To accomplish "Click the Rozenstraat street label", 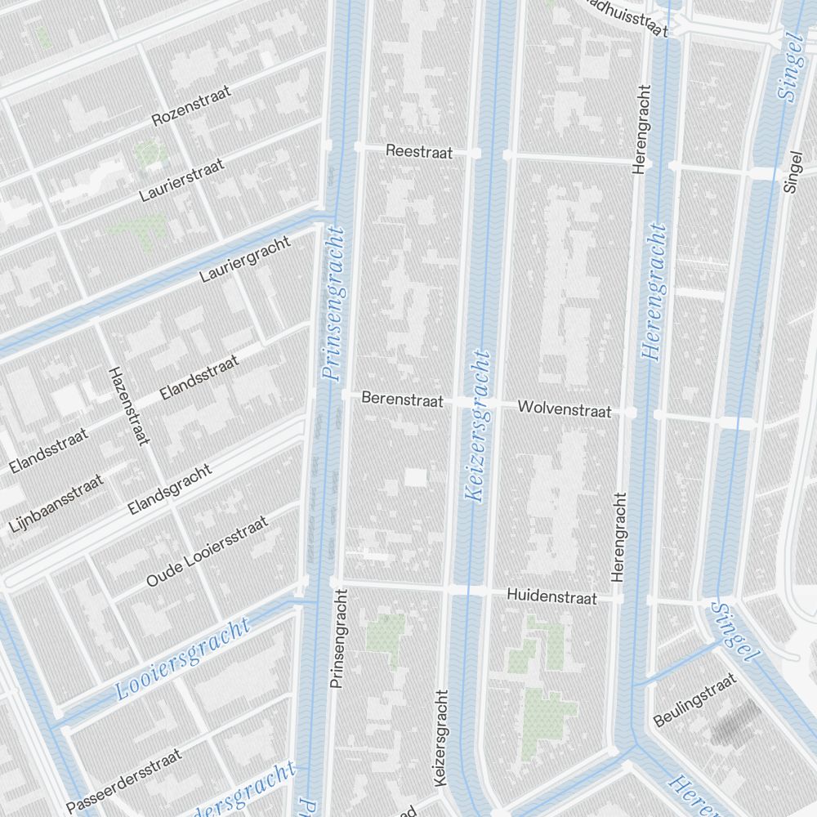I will (x=191, y=106).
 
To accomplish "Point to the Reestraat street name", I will (x=418, y=151).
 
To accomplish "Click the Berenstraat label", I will (x=402, y=400).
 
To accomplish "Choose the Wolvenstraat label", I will (x=565, y=408).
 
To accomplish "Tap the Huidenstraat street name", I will (x=551, y=596).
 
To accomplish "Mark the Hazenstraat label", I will (x=130, y=406).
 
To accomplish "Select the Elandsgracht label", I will (x=170, y=489).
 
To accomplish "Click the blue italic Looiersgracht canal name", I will (x=181, y=659).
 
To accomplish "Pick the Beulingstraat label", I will (x=695, y=699).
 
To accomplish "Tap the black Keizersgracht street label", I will (x=442, y=739).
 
